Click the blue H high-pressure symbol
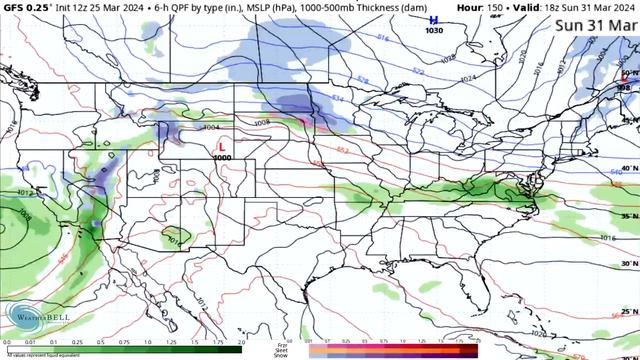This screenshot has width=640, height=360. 433,20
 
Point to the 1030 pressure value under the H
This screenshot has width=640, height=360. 433,31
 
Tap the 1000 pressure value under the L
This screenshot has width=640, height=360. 221,158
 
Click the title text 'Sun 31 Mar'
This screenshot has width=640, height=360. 596,25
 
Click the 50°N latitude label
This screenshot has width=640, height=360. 628,74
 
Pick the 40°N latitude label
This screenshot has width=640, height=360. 628,168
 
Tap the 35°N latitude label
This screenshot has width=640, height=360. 628,215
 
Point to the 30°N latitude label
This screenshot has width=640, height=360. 628,263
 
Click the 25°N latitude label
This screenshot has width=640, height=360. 628,311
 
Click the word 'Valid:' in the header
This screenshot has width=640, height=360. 531,7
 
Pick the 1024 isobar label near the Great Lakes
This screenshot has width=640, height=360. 468,78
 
